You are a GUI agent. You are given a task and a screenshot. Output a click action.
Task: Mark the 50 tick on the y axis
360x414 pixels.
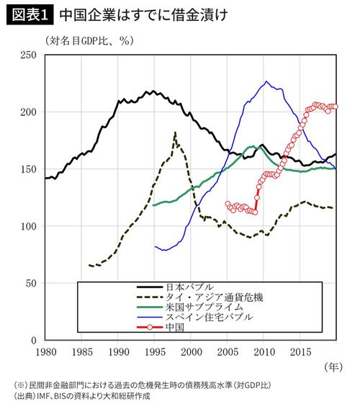point(32,283)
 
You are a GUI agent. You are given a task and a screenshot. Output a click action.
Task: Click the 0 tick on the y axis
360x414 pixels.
point(35,340)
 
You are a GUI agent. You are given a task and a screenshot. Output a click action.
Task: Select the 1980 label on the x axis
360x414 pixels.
point(45,352)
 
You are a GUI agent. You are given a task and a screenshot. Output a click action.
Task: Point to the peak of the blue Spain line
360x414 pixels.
point(266,81)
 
